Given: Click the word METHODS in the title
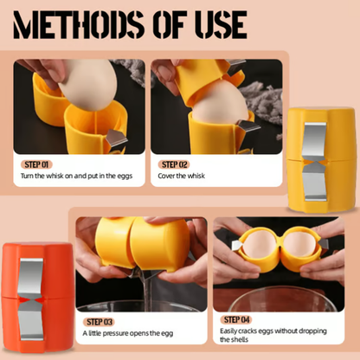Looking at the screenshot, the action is [79, 25].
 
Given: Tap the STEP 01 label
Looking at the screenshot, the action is [36, 164].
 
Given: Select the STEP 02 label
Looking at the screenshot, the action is [174, 164].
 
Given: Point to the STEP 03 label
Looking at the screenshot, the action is [100, 322].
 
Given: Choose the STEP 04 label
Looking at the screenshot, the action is [236, 319].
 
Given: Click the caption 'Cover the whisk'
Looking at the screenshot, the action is [181, 176].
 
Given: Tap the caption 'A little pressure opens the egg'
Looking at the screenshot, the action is [128, 333].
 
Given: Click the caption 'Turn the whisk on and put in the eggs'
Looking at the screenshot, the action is [76, 176].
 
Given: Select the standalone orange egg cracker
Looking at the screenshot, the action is [37, 298].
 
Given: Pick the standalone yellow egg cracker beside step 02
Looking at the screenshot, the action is [321, 159].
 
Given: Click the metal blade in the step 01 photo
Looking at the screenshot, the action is [116, 138].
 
